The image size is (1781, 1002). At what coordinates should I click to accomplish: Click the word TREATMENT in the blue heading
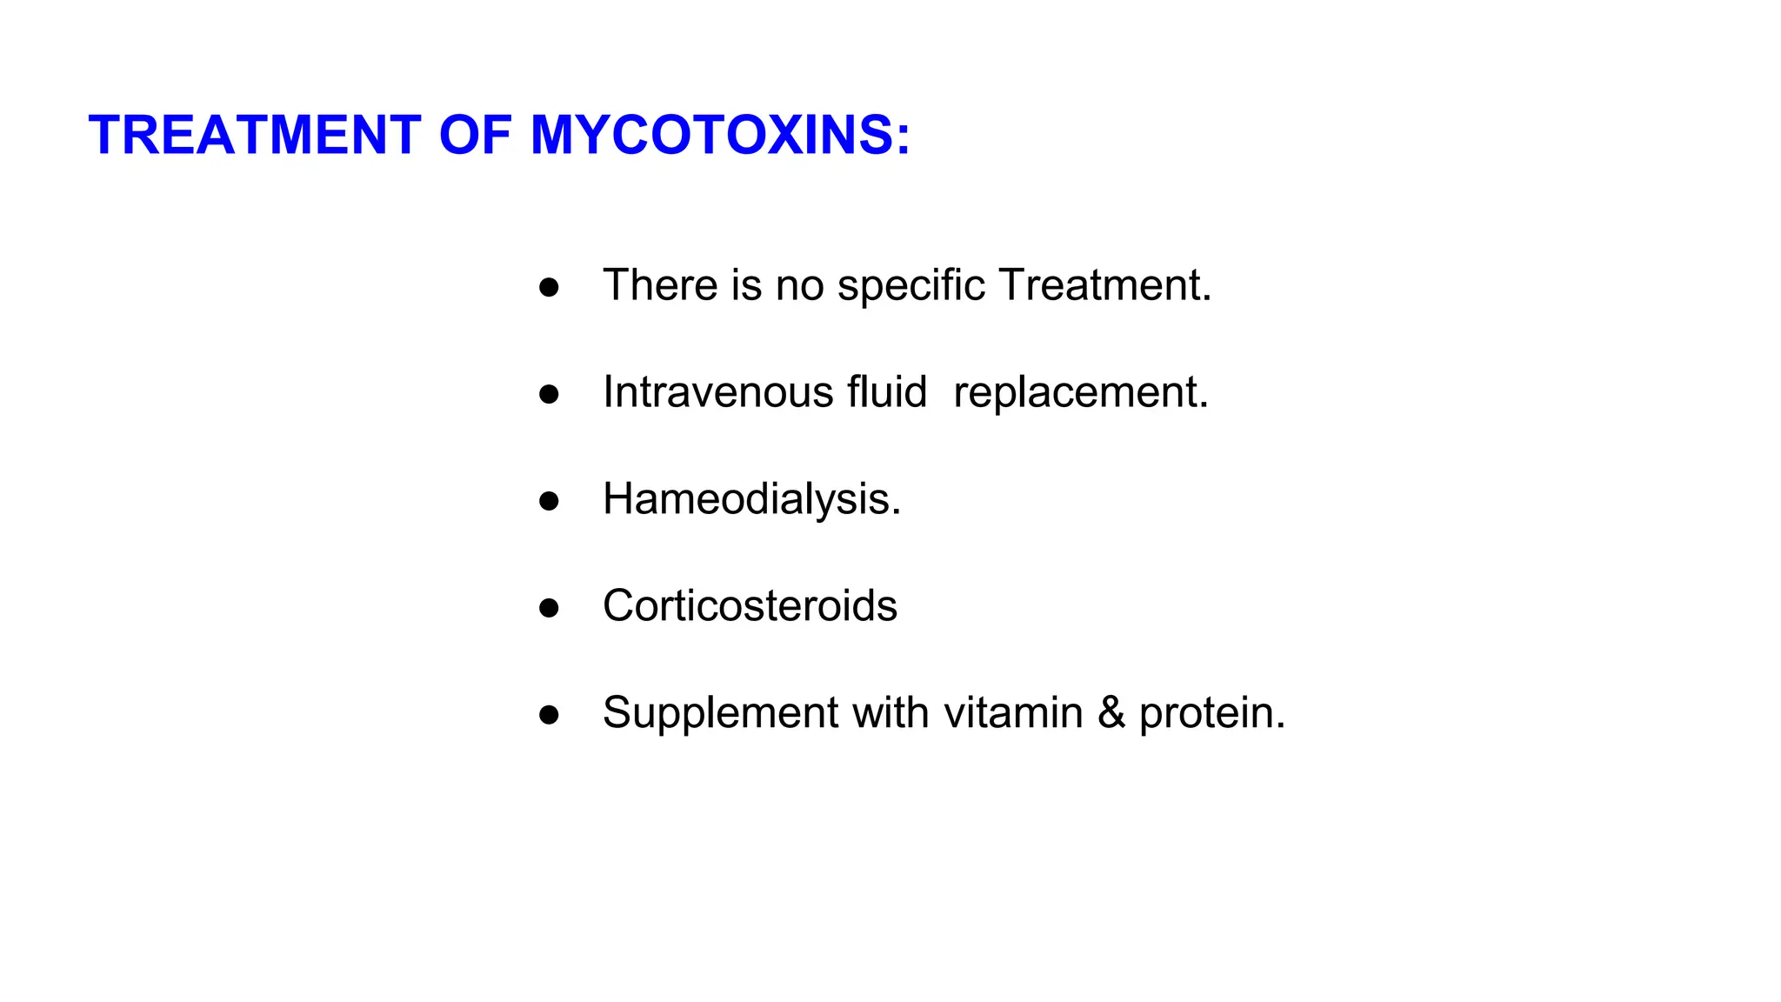point(255,136)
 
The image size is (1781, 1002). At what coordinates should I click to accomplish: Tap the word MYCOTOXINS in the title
point(720,136)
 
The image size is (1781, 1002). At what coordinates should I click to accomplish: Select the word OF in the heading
point(475,136)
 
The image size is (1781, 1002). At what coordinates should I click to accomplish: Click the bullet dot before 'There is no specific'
point(549,287)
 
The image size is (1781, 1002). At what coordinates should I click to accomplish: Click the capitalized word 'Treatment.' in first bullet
point(1104,285)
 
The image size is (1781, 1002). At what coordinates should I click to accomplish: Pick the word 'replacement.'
point(1081,392)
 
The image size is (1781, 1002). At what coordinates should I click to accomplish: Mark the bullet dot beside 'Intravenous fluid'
point(549,394)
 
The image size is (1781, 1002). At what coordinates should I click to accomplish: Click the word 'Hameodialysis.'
point(751,499)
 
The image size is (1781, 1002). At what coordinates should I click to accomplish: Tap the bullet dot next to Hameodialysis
point(549,501)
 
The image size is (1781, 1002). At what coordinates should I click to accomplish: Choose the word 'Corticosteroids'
point(750,605)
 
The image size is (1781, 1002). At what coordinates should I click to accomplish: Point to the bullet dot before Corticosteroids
point(549,608)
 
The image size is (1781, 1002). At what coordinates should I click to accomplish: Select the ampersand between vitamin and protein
point(1111,713)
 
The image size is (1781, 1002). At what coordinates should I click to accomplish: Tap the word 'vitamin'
point(1013,713)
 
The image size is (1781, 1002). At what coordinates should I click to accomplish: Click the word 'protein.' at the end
point(1211,713)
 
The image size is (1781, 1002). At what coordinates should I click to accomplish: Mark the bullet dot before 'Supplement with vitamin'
point(549,715)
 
